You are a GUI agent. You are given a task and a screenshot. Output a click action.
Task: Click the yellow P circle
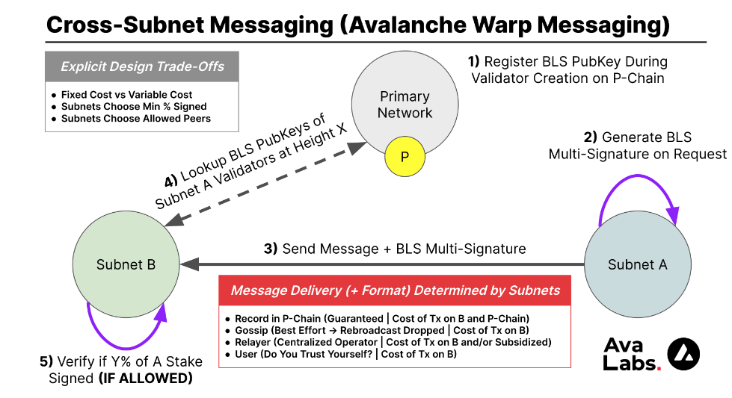(405, 157)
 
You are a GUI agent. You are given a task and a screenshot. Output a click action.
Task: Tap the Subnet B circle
(126, 264)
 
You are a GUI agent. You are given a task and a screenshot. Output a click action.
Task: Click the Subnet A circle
(637, 264)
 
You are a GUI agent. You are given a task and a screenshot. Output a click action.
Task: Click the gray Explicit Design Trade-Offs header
(142, 67)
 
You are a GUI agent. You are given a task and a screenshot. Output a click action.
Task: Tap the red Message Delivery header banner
(395, 290)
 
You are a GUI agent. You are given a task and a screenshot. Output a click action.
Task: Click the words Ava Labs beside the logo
(631, 355)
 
